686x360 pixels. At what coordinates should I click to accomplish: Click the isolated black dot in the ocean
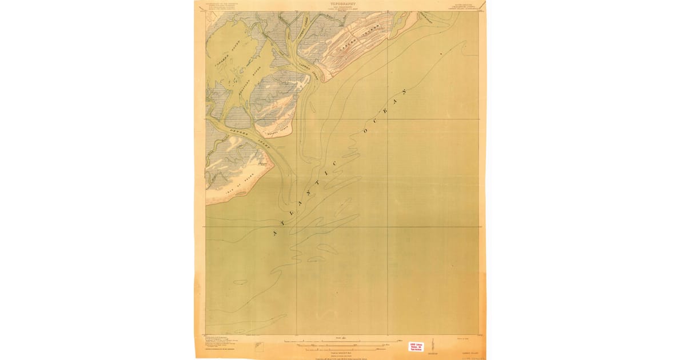click(x=441, y=54)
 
